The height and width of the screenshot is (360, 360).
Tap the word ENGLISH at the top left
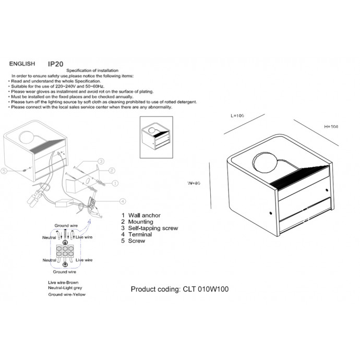point(22,64)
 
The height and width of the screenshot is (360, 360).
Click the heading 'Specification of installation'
point(92,70)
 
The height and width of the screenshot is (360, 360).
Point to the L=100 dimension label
point(237,116)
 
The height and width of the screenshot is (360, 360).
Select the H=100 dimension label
point(331,127)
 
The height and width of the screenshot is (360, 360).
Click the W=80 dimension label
point(194,183)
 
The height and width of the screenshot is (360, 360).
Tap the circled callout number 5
point(5,171)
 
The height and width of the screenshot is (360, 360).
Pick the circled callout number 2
point(112,170)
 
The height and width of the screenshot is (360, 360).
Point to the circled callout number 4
point(122,201)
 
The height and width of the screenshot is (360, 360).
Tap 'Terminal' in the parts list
point(140,235)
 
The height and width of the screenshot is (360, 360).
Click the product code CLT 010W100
point(179,289)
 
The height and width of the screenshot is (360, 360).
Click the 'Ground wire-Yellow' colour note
point(67,295)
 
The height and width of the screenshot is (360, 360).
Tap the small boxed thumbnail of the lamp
point(156,137)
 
